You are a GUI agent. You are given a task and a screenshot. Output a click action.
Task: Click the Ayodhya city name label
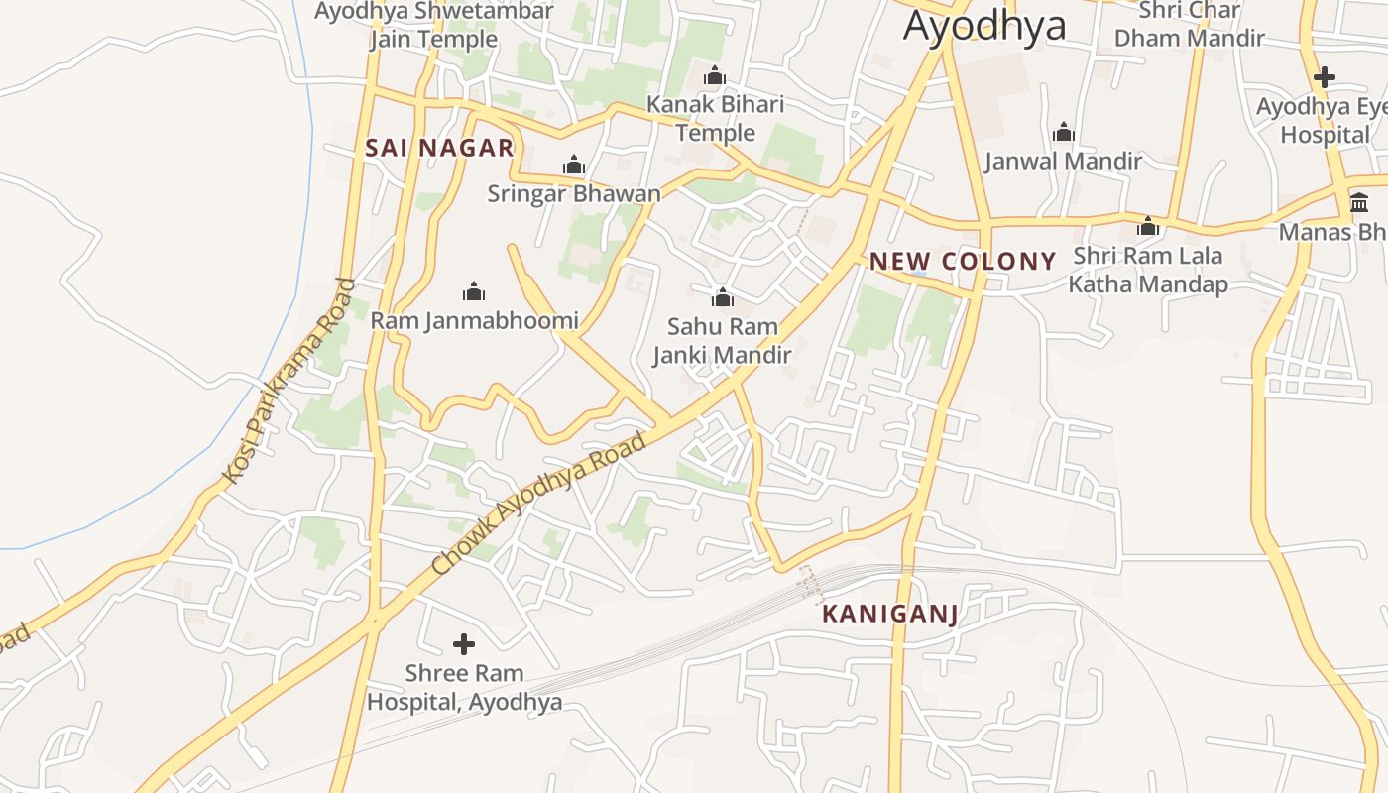tap(984, 26)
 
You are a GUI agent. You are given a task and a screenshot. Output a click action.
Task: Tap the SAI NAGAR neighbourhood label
tap(439, 149)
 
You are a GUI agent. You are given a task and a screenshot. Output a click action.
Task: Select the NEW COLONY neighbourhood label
tap(963, 262)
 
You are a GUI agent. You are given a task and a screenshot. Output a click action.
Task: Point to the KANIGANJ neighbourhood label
tap(889, 615)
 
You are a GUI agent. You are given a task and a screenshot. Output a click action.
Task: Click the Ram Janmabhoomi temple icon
tap(474, 291)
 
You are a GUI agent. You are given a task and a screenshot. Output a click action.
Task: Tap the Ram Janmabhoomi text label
tap(474, 320)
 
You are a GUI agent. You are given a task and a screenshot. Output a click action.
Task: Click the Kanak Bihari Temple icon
tap(715, 75)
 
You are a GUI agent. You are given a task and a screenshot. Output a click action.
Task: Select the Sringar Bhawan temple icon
tap(574, 165)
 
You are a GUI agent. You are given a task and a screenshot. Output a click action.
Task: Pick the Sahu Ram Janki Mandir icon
tap(722, 296)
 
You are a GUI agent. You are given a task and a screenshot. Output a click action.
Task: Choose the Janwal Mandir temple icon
tap(1064, 132)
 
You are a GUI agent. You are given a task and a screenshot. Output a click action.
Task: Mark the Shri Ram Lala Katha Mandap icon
tap(1148, 226)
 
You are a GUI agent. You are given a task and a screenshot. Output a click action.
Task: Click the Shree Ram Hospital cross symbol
tap(463, 644)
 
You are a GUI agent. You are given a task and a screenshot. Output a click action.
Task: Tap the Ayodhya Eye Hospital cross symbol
tap(1324, 76)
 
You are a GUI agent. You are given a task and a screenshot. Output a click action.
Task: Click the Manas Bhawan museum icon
tap(1359, 202)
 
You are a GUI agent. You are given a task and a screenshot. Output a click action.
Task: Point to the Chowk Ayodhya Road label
tap(539, 503)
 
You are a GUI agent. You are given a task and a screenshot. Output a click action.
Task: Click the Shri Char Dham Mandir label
tap(1189, 24)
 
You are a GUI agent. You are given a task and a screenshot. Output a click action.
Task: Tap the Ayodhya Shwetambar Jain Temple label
tap(434, 25)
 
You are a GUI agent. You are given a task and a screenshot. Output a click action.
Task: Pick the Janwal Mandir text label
tap(1063, 161)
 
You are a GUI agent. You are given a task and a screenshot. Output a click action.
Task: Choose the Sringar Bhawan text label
tap(573, 193)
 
